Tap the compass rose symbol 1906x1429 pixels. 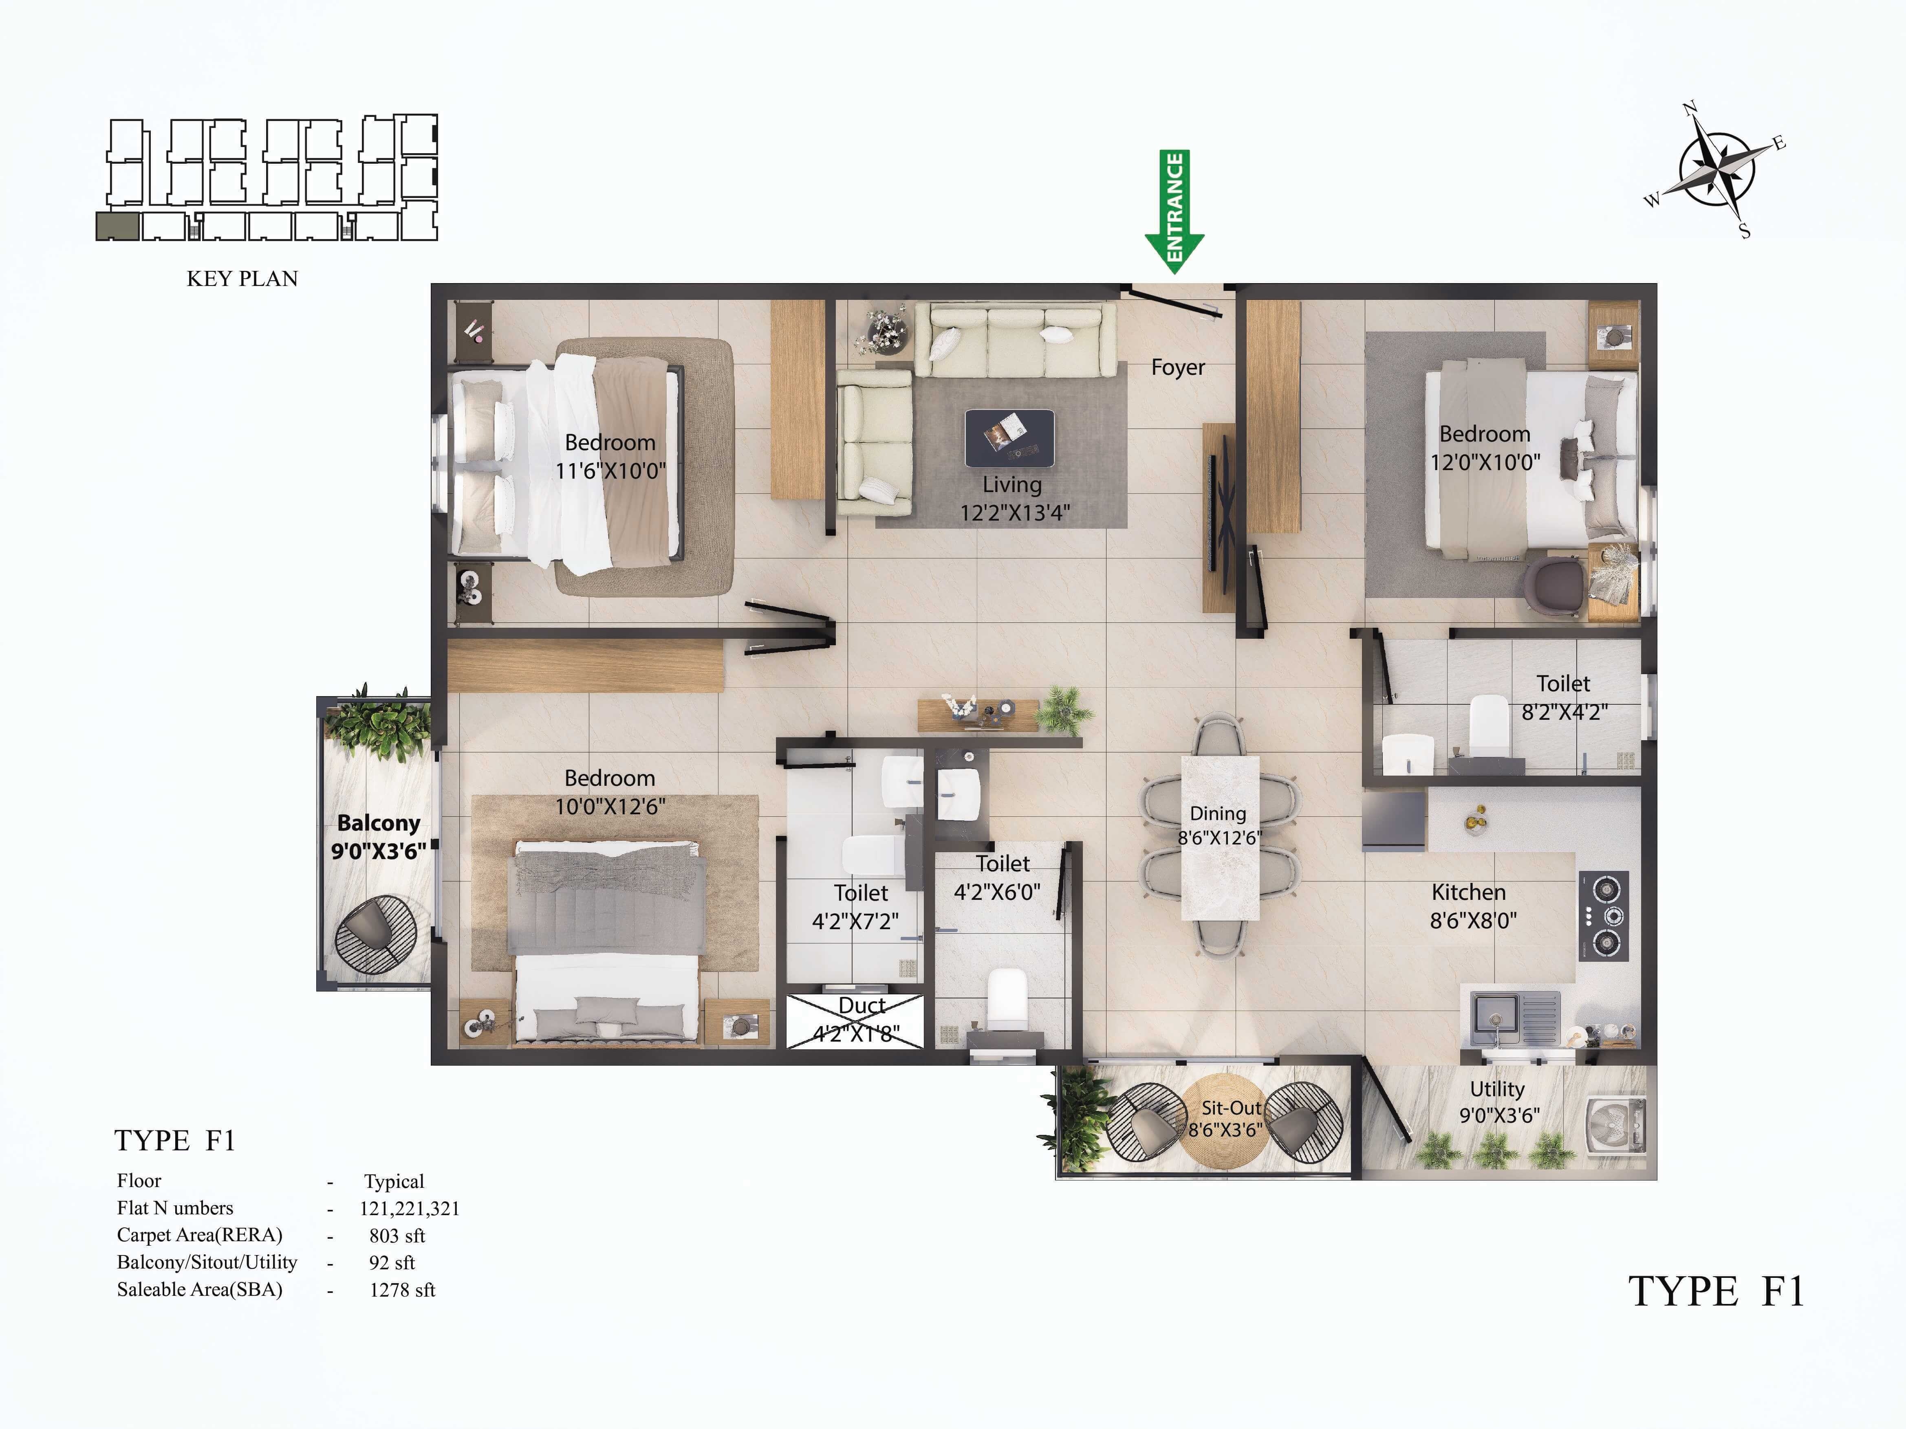tap(1717, 170)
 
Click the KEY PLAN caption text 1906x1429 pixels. tap(242, 278)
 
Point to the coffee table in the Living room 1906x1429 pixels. tap(1009, 437)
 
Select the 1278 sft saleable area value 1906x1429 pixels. tap(401, 1289)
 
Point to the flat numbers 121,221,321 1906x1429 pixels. tap(409, 1208)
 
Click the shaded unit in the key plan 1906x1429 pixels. tap(117, 226)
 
